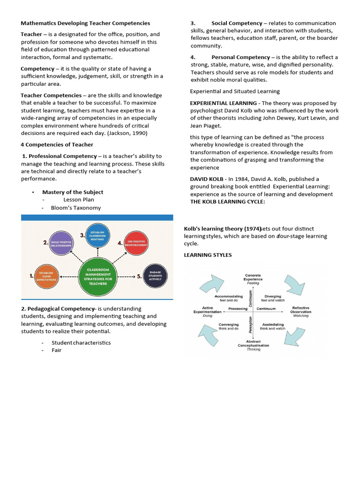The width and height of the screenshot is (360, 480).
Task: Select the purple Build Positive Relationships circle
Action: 63,244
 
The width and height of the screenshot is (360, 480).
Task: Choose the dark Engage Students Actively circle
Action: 155,276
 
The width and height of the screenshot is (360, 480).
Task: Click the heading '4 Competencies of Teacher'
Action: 57,144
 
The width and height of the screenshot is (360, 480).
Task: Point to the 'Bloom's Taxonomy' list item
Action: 76,208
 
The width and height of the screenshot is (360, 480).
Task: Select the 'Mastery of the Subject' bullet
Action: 73,192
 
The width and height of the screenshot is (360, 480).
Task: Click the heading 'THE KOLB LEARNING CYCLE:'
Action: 227,202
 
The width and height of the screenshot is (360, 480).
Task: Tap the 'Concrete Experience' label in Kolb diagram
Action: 253,277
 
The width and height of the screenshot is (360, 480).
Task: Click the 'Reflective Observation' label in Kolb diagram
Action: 300,310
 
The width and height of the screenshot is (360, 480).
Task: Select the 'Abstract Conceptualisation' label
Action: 253,344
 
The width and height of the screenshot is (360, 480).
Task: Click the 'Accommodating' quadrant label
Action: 229,297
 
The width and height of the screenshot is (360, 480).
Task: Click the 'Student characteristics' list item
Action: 81,343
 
